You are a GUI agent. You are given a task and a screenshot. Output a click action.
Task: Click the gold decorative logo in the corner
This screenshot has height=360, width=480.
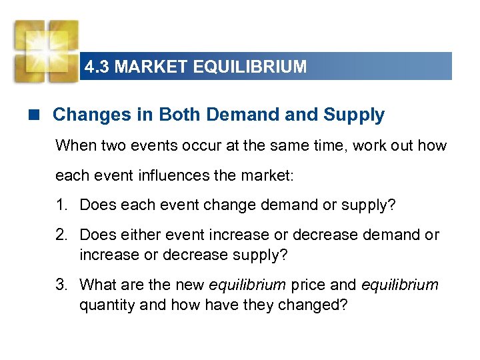(x=45, y=51)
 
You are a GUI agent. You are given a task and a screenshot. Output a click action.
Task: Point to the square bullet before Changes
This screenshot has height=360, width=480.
(x=39, y=115)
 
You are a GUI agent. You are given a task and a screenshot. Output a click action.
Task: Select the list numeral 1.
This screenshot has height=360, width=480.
(x=61, y=205)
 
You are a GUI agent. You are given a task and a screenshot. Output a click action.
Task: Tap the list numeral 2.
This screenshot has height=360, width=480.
(x=61, y=235)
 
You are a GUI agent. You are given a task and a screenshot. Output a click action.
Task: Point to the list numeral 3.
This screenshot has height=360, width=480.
(x=61, y=285)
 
